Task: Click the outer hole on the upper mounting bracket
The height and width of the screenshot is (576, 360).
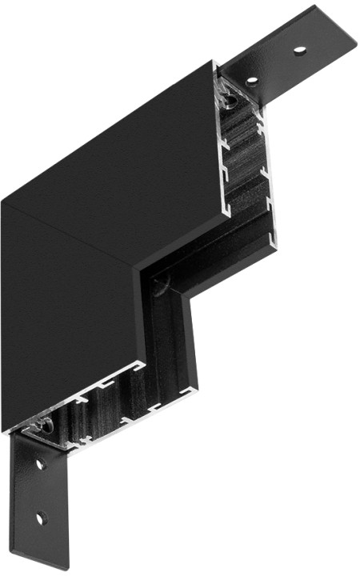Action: pos(299,50)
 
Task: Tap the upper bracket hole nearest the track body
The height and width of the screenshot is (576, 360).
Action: pos(251,80)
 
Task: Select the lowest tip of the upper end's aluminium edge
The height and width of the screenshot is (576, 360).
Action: pos(274,245)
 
